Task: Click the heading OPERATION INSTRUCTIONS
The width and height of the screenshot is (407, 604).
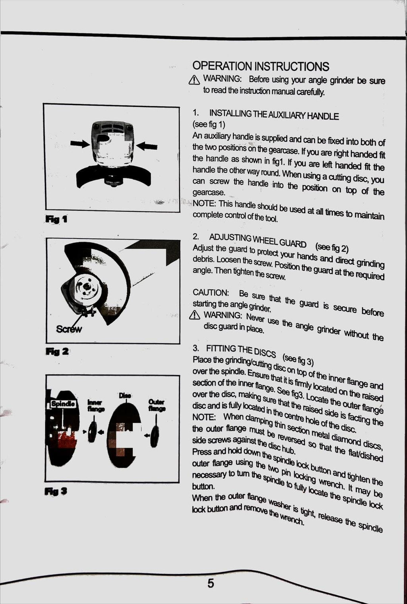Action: point(261,66)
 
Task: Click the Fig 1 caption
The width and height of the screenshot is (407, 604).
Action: point(56,219)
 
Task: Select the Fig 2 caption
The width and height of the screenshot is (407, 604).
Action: point(57,351)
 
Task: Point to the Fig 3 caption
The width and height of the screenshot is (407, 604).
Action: point(56,491)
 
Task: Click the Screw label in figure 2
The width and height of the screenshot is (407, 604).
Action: point(69,329)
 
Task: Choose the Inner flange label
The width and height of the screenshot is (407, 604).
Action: point(95,406)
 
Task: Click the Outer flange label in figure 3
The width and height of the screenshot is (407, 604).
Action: point(157,405)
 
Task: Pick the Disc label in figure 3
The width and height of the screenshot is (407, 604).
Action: point(125,395)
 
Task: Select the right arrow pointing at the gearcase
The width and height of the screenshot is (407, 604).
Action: point(147,146)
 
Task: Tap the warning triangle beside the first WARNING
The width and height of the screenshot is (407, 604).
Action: point(194,80)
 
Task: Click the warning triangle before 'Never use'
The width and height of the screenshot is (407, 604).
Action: point(194,315)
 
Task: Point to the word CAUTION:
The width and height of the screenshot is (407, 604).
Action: point(211,292)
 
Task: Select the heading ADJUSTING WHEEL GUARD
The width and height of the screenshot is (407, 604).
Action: point(258,240)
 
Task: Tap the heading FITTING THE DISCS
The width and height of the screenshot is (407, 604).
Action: point(241,350)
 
